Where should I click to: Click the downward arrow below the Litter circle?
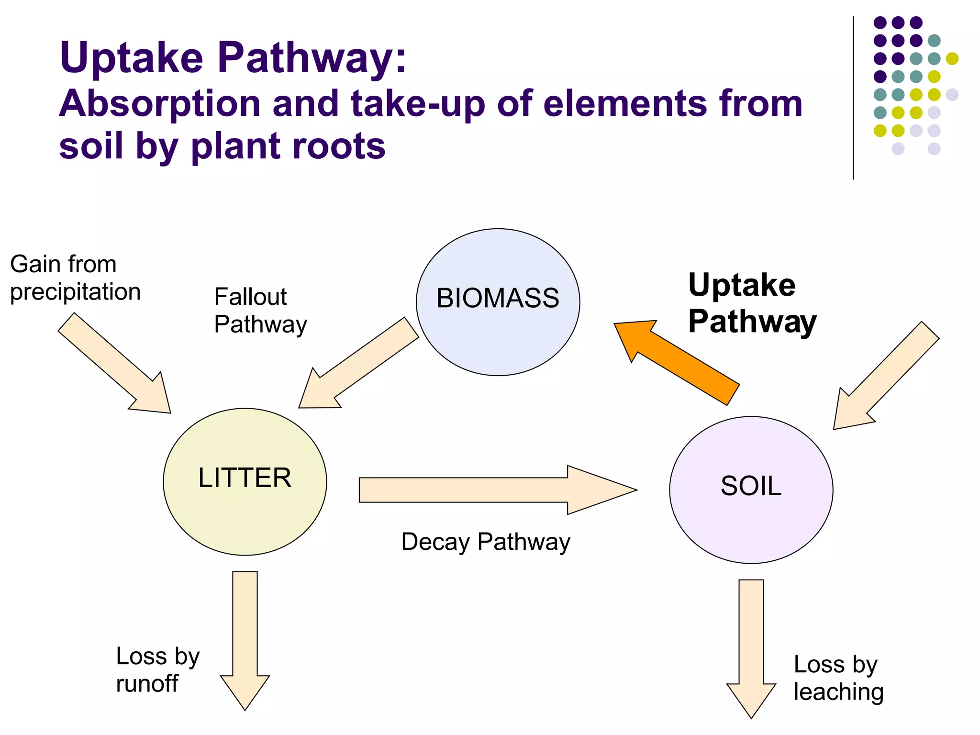[x=245, y=636]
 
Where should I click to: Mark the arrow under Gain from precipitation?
[x=115, y=364]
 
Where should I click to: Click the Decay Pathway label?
[x=485, y=542]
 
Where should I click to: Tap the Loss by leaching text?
[x=837, y=678]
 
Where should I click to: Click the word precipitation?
[x=75, y=292]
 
